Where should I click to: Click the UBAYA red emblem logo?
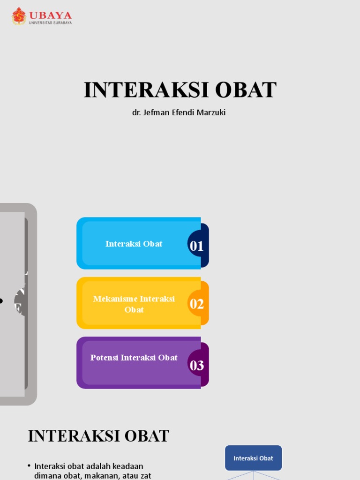click(19, 15)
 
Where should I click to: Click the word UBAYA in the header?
click(50, 14)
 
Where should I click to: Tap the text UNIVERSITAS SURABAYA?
click(50, 22)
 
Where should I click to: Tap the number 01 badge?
click(197, 246)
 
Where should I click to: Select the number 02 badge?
click(197, 304)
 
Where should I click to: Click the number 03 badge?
click(197, 365)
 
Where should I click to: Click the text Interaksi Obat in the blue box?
click(134, 244)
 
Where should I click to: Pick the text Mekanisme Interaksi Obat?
click(134, 304)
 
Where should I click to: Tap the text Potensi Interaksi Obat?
click(134, 358)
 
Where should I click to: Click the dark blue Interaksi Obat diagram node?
click(253, 458)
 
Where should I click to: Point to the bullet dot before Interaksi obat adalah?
click(29, 465)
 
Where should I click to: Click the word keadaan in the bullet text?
click(126, 466)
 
